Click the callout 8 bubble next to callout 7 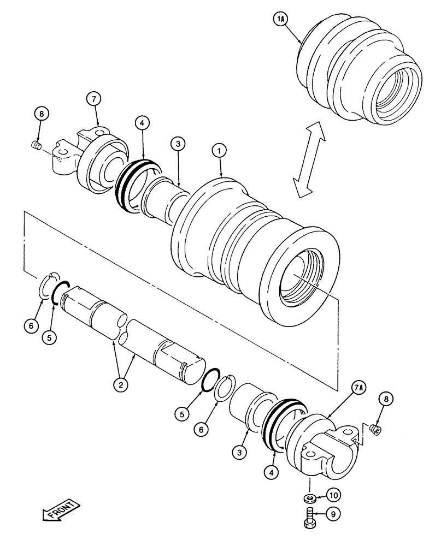pos(42,114)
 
